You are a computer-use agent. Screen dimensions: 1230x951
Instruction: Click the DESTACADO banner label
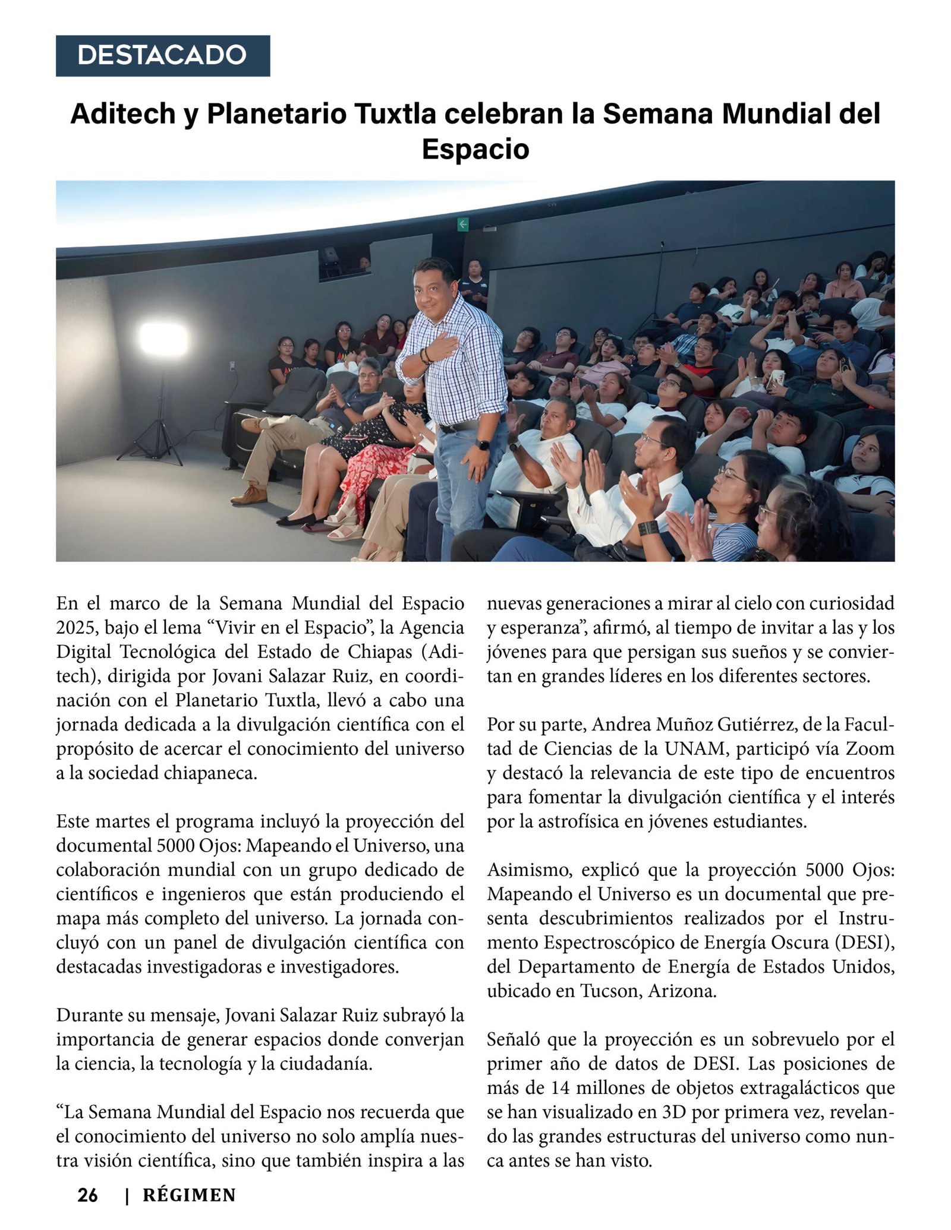(x=162, y=55)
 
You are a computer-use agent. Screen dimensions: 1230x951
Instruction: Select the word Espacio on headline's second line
(x=475, y=148)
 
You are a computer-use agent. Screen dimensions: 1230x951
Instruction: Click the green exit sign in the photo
(x=463, y=224)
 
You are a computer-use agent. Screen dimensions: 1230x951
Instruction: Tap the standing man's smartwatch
(x=484, y=445)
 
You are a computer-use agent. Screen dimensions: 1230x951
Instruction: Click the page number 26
(x=87, y=1195)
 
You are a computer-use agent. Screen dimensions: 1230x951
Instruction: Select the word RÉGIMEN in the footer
(x=189, y=1195)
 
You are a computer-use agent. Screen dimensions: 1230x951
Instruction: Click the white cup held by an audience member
(x=776, y=378)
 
